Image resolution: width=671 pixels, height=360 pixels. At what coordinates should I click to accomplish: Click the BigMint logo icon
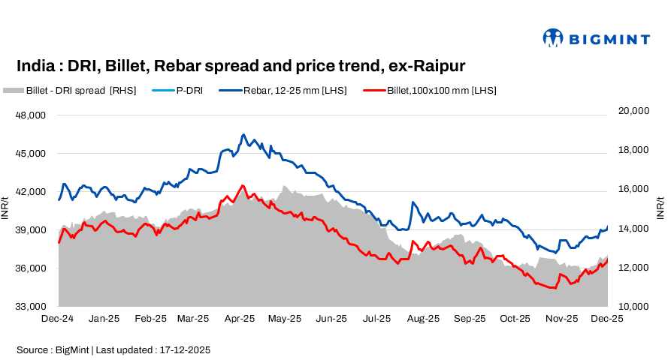(553, 37)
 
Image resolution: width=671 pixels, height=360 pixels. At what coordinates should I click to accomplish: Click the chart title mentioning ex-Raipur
(240, 66)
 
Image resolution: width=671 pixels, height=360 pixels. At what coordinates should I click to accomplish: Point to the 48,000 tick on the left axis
(31, 115)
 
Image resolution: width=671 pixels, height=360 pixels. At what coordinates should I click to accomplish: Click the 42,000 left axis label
(31, 192)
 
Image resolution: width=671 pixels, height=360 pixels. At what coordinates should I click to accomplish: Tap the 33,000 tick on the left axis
(31, 306)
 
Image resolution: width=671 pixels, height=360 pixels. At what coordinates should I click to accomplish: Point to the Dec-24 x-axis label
(58, 318)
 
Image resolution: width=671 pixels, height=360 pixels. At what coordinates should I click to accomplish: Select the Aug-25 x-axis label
(423, 318)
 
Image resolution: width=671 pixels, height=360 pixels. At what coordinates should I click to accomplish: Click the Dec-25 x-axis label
(606, 318)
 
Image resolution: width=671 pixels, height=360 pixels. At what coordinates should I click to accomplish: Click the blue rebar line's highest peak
(243, 135)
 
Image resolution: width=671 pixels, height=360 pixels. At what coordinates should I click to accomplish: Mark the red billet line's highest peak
(243, 185)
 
